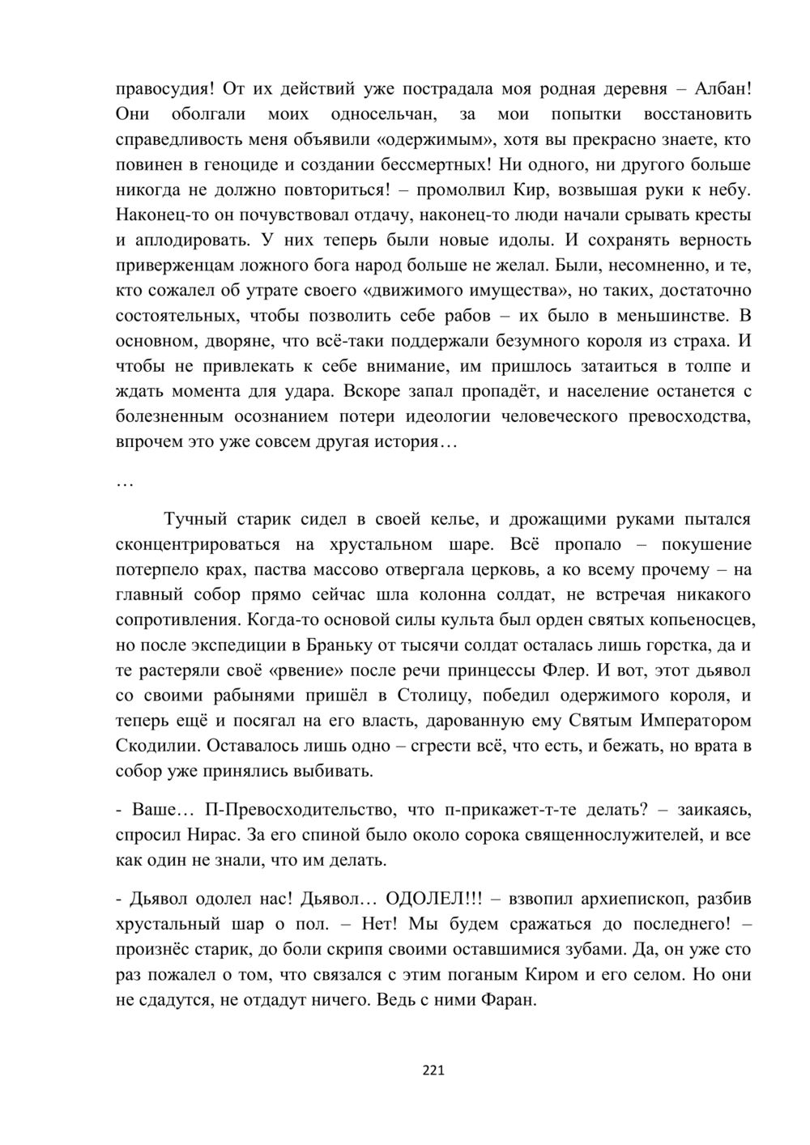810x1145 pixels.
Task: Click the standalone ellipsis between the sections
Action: click(126, 483)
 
